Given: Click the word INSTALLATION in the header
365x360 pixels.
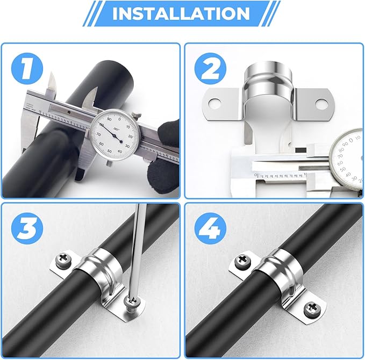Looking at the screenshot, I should click(181, 13).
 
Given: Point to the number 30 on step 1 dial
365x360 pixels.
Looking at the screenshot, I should click(127, 145).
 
